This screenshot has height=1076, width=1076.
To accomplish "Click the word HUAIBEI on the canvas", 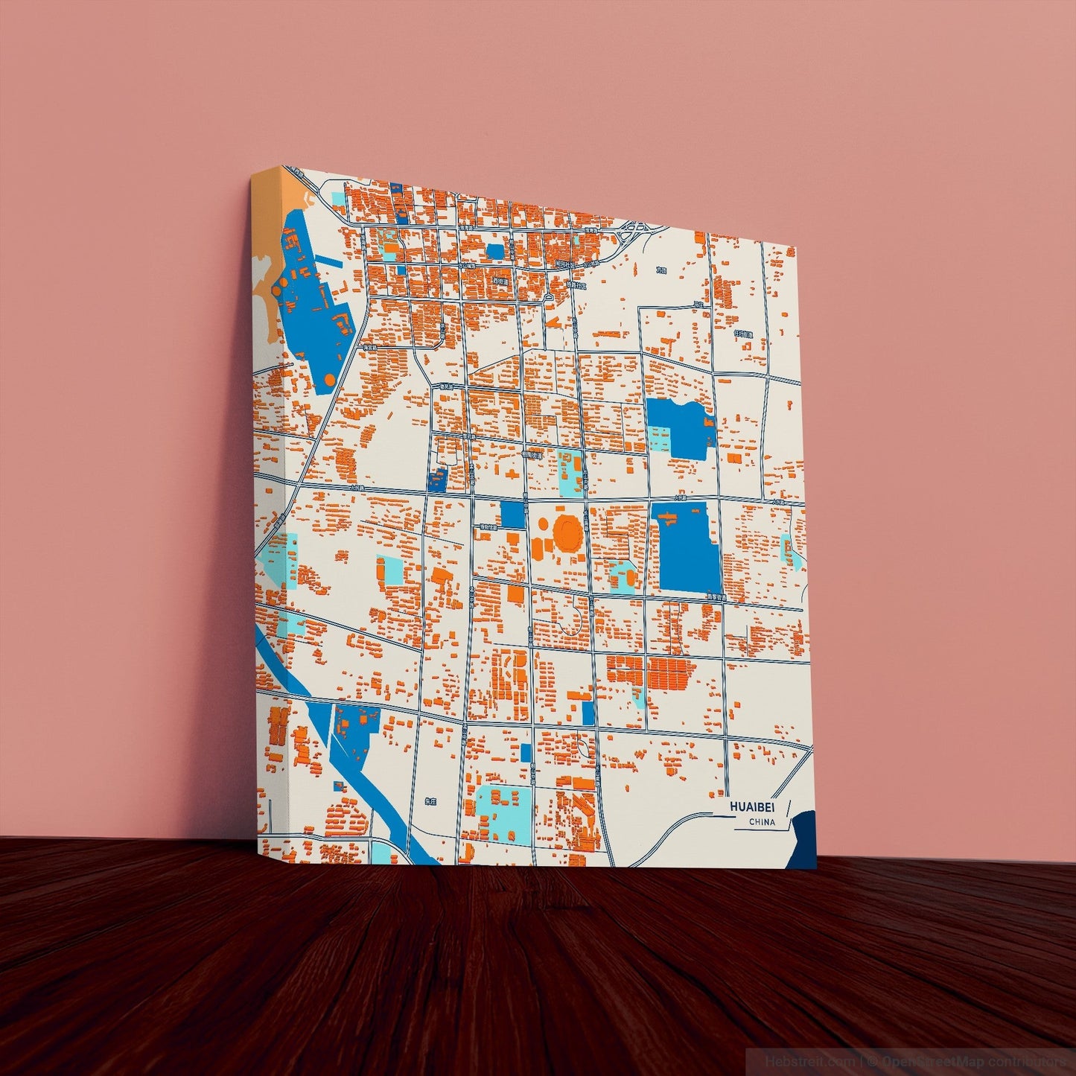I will click(x=752, y=807).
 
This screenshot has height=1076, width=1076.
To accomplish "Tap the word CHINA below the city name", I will click(x=762, y=823).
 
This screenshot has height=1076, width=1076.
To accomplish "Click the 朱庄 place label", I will click(x=429, y=802).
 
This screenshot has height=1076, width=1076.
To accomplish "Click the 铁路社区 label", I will click(x=576, y=285).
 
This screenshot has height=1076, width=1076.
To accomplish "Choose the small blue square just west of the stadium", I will click(x=512, y=515).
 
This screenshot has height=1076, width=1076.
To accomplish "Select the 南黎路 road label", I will click(x=716, y=596).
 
